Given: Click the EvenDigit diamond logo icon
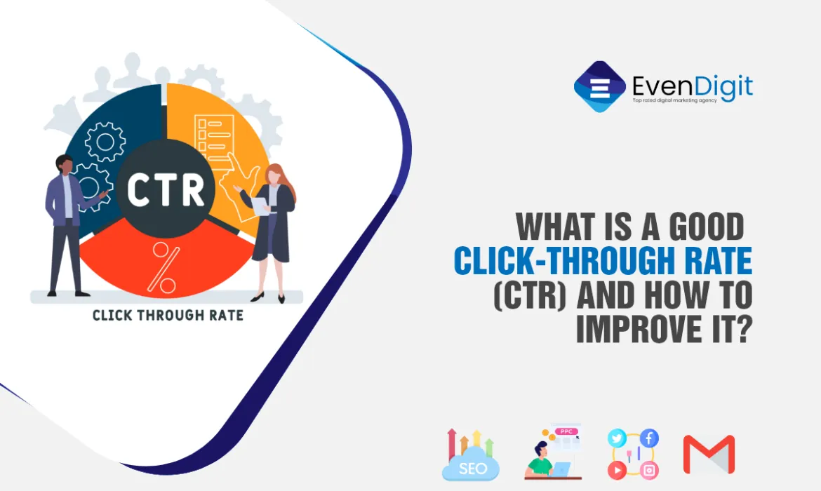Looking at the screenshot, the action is (x=599, y=87).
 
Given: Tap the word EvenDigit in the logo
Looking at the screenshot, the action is (x=692, y=86).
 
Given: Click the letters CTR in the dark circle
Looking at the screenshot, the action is (x=166, y=189).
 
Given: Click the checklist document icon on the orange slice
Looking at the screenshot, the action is (x=214, y=137).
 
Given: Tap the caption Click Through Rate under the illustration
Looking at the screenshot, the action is (x=168, y=315).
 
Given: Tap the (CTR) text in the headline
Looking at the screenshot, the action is (x=530, y=295).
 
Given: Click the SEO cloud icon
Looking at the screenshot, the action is (x=471, y=455).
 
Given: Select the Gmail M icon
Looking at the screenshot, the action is (x=709, y=455).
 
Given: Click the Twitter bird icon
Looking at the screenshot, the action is (x=617, y=438).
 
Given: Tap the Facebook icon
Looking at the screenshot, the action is (x=649, y=438).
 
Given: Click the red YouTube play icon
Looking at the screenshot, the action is (x=617, y=471).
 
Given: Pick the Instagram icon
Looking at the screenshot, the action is (x=649, y=471).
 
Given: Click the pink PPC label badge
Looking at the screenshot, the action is (x=566, y=431).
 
